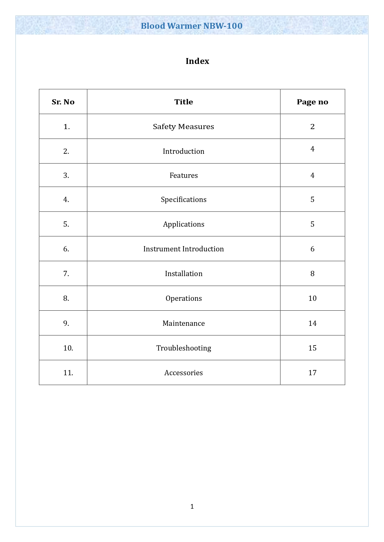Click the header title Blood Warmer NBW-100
coord(192,26)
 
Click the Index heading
coord(197,61)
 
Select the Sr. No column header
coord(63,102)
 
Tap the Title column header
coord(183,102)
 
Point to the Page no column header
coord(312,102)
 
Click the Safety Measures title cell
coord(183,127)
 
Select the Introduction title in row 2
coord(183,151)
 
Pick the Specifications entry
coord(183,200)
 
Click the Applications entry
coord(183,224)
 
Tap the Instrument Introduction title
coord(183,249)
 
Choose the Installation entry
coord(183,274)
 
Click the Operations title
coord(183,298)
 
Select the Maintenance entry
coord(183,323)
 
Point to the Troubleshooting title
coord(183,348)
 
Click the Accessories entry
coord(183,373)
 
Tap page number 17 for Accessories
coord(312,373)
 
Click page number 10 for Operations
coord(312,298)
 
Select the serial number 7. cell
coord(66,274)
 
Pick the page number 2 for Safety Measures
coord(312,127)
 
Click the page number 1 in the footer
coord(192,506)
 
